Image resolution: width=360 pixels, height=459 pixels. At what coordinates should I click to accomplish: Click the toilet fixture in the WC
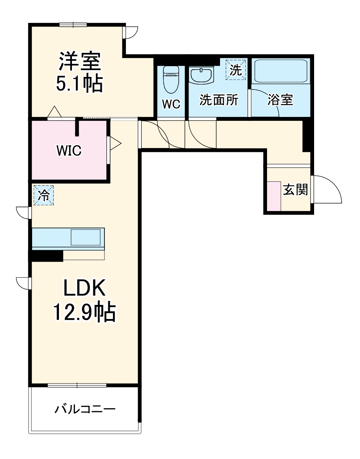(171, 79)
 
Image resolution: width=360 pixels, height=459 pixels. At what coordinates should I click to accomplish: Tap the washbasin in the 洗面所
(202, 75)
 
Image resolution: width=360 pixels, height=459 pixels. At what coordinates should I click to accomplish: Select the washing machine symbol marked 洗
(236, 70)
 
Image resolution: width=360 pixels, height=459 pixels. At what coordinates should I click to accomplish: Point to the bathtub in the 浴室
(281, 71)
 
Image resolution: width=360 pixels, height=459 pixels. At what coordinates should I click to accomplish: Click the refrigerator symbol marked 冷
(44, 195)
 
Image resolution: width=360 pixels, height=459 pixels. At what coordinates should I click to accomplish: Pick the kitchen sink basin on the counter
(86, 238)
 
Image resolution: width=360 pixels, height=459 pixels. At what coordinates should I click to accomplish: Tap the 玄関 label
(295, 189)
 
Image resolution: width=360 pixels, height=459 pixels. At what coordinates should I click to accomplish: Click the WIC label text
(69, 150)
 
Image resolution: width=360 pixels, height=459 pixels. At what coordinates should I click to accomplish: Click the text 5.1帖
(80, 83)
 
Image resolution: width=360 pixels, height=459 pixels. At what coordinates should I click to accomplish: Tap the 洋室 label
(80, 61)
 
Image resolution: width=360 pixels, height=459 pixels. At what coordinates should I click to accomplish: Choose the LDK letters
(85, 288)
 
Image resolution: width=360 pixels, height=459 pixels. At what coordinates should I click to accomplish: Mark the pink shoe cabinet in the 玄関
(274, 196)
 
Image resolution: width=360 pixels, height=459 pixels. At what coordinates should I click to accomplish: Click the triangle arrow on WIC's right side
(116, 144)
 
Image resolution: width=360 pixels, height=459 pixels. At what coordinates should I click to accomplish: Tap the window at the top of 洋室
(73, 25)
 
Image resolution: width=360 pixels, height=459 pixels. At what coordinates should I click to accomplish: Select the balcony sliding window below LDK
(77, 385)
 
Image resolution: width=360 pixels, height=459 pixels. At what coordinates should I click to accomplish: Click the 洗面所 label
(219, 100)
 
